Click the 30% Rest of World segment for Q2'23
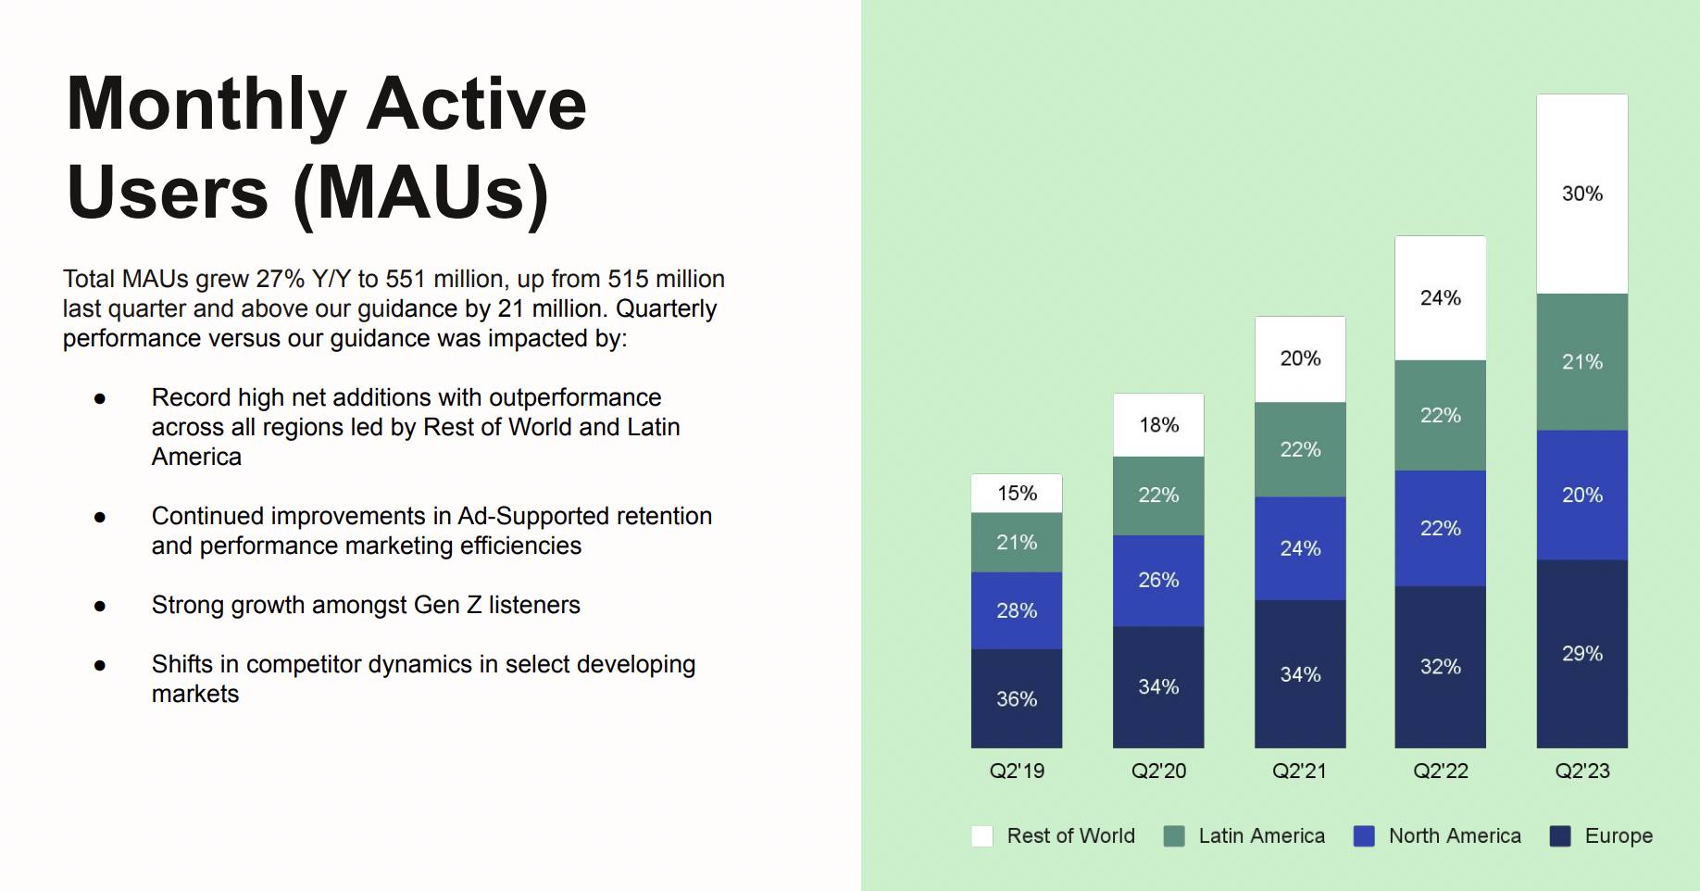[x=1581, y=194]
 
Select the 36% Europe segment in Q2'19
[x=1016, y=698]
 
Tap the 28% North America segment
[x=1016, y=610]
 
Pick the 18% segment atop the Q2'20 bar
[x=1157, y=425]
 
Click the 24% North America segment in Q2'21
[x=1299, y=548]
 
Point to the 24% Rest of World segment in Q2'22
[x=1440, y=298]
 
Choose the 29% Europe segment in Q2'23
[x=1581, y=653]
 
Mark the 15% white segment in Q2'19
[x=1016, y=494]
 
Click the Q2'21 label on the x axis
[x=1299, y=771]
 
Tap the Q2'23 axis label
[x=1581, y=771]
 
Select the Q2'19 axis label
[x=1016, y=771]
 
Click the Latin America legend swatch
[x=1174, y=835]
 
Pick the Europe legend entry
[x=1618, y=835]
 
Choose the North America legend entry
[x=1454, y=835]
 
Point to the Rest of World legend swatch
[x=981, y=835]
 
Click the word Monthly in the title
[x=206, y=105]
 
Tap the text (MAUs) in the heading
[x=421, y=194]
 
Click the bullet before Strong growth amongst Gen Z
[x=100, y=606]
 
